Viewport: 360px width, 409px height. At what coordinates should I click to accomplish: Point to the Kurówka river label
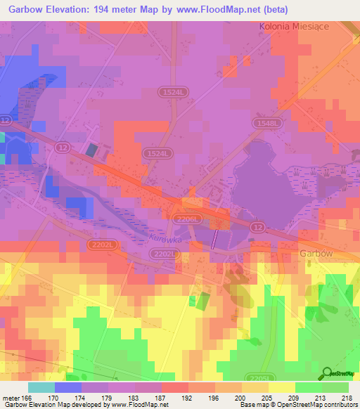(166, 238)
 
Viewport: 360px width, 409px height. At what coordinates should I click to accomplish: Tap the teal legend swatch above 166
(41, 387)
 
